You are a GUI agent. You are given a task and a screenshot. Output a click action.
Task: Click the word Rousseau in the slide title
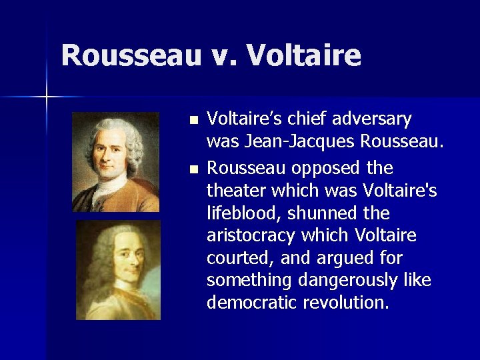point(131,55)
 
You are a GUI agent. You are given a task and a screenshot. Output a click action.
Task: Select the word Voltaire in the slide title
point(303,55)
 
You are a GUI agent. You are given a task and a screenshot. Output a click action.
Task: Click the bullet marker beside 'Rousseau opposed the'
point(193,170)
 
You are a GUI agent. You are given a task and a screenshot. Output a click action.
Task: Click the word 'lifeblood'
point(237,213)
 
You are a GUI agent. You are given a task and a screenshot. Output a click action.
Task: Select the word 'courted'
point(235,259)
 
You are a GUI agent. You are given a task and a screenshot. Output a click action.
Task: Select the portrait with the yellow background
point(118,270)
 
